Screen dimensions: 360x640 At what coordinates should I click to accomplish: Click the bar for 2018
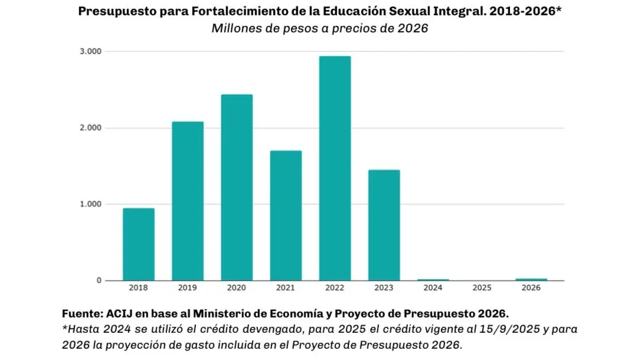[139, 244]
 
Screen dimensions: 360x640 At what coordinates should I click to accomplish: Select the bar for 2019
[188, 201]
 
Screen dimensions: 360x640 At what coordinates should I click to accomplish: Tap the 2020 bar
[237, 187]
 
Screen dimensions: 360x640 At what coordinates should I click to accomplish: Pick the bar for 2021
[286, 215]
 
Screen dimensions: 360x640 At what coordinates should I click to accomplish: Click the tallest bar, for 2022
[335, 168]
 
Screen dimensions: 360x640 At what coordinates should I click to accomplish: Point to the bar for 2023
[384, 225]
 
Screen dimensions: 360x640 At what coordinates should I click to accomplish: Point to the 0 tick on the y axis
[99, 280]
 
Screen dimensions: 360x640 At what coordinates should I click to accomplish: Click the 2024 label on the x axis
[433, 289]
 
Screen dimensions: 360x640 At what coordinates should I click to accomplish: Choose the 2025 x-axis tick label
[482, 289]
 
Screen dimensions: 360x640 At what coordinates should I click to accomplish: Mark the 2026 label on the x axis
[531, 289]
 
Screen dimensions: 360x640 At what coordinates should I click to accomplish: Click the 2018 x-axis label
[139, 289]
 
